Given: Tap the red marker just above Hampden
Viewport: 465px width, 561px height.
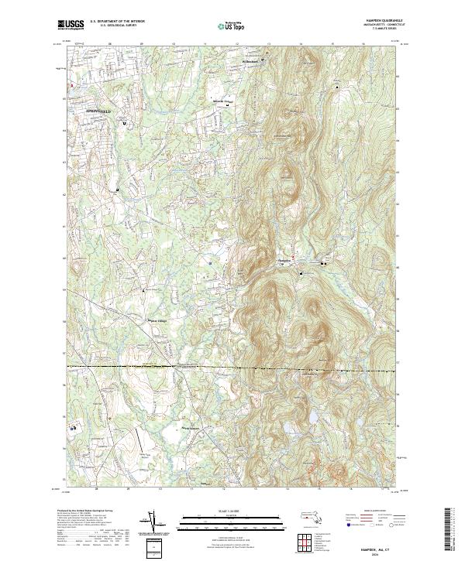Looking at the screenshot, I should click(293, 256).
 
